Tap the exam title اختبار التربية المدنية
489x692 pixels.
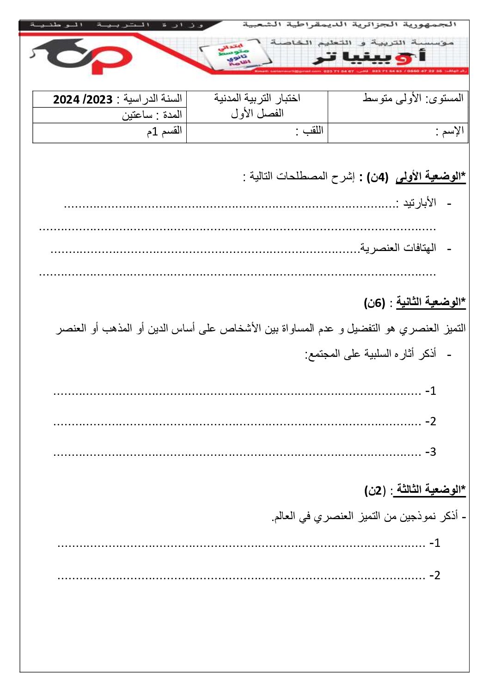[x=257, y=98]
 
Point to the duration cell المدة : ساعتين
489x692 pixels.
[x=152, y=115]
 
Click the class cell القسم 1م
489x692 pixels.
[x=165, y=131]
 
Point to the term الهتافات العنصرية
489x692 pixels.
[x=398, y=248]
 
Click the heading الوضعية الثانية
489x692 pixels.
[x=430, y=302]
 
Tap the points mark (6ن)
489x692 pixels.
[x=374, y=303]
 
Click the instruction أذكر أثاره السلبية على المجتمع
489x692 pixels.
[x=370, y=355]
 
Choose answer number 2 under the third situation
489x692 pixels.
[x=434, y=575]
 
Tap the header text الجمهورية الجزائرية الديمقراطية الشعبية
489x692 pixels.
[x=349, y=24]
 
